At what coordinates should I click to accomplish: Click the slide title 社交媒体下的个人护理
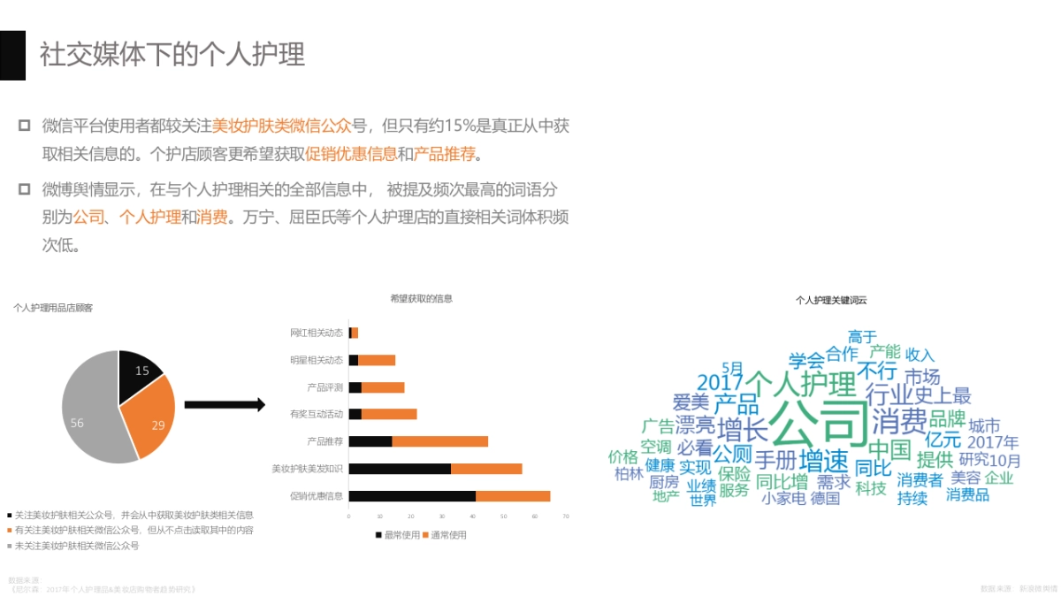pos(172,54)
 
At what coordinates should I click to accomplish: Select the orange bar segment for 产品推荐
pos(439,441)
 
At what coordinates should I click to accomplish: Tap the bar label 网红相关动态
pos(317,333)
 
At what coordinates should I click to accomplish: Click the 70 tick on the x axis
pos(565,517)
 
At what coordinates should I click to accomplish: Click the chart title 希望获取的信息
pos(421,299)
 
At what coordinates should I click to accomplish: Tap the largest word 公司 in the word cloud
pos(819,424)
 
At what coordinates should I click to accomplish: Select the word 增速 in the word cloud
pos(823,461)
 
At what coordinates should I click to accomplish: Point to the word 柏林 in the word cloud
pos(629,474)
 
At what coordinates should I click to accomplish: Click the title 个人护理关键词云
pos(831,301)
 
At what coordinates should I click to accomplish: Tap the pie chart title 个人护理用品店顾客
pos(53,308)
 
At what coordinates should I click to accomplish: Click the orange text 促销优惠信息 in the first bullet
pos(351,155)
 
